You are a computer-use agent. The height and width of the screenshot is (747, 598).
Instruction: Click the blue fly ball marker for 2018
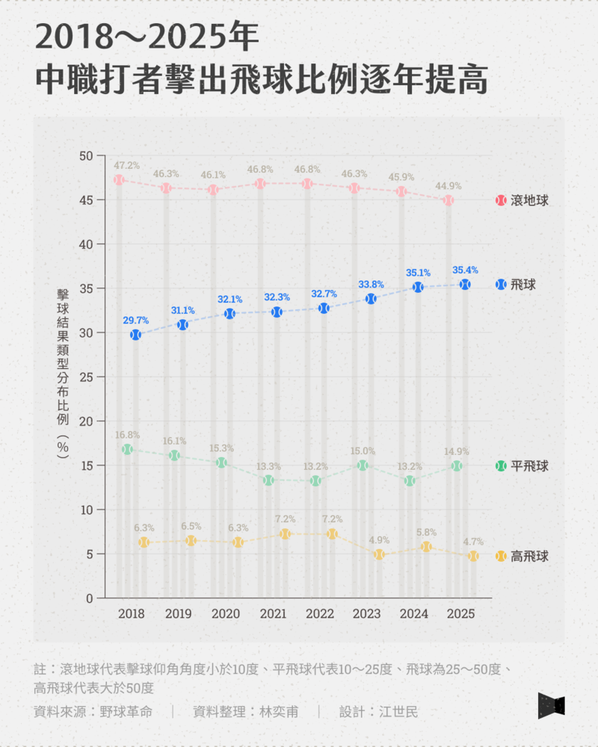click(x=135, y=335)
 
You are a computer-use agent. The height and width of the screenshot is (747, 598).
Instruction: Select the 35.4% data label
click(x=465, y=270)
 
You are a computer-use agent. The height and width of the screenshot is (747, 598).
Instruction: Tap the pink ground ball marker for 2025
click(x=449, y=200)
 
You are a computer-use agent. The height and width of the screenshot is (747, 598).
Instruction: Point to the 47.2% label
click(x=127, y=165)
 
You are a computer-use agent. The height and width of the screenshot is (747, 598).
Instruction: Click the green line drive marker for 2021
click(x=268, y=480)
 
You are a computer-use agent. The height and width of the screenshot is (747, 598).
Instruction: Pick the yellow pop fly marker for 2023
click(x=379, y=554)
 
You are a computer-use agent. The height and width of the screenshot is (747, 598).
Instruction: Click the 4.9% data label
click(x=379, y=539)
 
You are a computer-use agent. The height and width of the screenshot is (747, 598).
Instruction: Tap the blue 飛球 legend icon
click(x=501, y=285)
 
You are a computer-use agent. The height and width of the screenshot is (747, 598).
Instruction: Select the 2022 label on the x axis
click(x=320, y=614)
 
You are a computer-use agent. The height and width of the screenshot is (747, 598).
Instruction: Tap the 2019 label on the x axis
click(x=178, y=614)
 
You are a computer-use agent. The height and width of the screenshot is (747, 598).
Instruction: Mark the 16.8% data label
click(x=127, y=435)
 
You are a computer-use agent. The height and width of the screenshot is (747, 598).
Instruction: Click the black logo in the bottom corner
click(x=551, y=706)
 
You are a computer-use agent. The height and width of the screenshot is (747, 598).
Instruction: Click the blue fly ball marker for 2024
click(x=419, y=287)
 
